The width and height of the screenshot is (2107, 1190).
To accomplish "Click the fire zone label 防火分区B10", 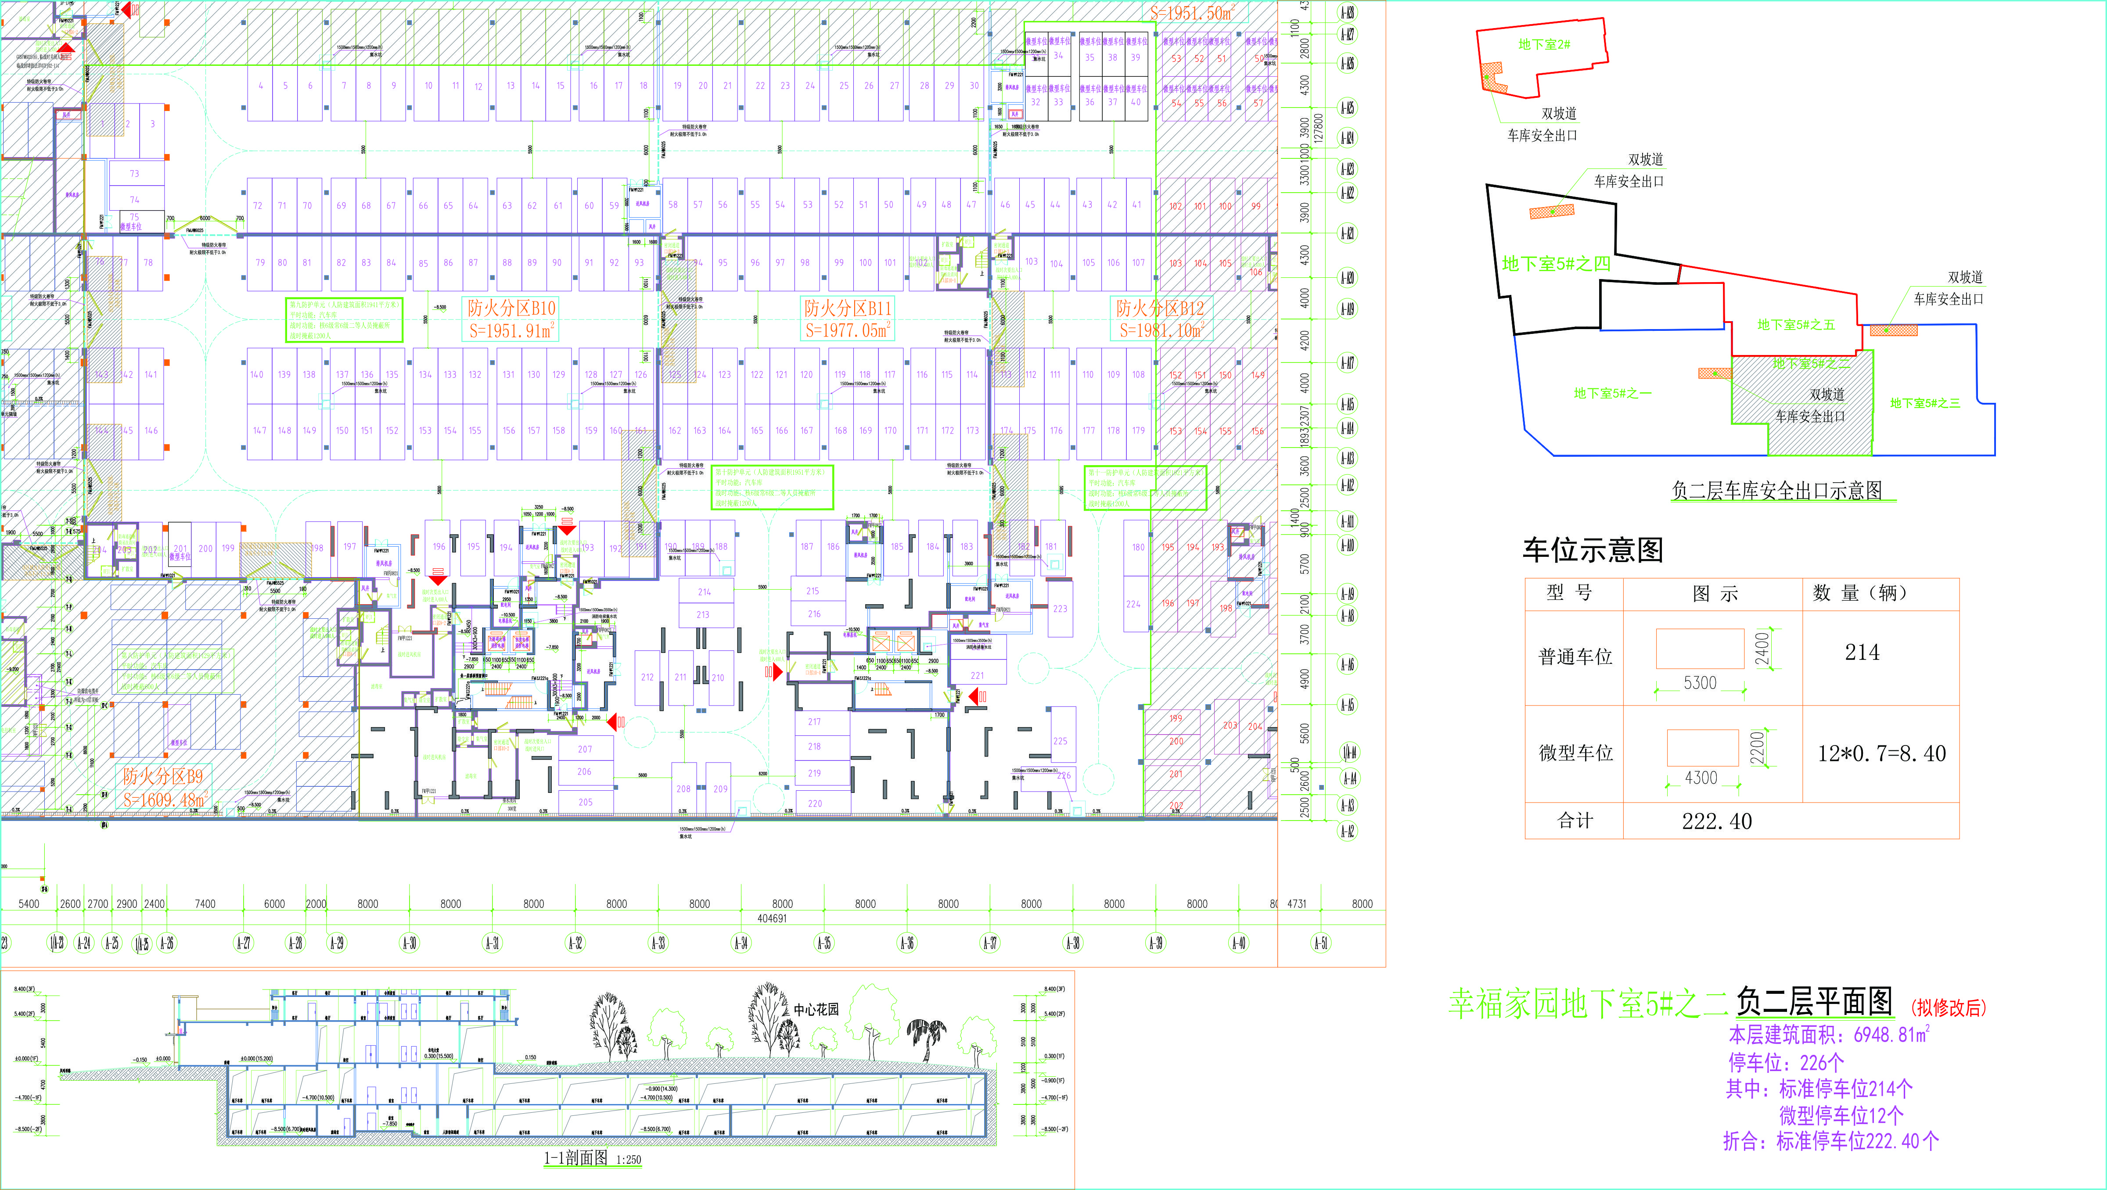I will click(511, 308).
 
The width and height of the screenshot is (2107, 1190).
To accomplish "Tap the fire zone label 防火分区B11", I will click(847, 308).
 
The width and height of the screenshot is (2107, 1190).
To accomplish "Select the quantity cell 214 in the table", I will click(1862, 652).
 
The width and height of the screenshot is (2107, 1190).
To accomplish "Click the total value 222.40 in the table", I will click(1717, 821).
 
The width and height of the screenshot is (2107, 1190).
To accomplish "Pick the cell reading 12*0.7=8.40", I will click(1881, 753).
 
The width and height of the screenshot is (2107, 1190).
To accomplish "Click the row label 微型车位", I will click(1575, 753).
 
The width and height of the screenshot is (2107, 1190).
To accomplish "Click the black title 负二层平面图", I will click(1814, 1001).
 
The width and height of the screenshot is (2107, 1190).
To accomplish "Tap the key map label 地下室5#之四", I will click(1556, 263).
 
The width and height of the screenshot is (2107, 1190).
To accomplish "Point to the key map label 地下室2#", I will click(1543, 44).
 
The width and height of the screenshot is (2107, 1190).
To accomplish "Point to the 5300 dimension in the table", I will click(1700, 683).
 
